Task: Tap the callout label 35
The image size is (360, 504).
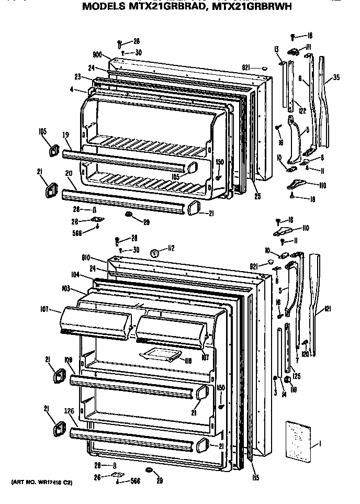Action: pos(336,78)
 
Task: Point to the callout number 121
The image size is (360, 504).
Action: pos(328,310)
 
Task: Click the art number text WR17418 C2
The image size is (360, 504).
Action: pos(40,482)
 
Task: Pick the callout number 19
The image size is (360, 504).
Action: pos(65,135)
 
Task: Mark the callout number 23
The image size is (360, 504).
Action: pos(77,76)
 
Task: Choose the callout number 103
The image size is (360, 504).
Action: pos(65,288)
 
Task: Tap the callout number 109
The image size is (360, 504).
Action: pos(68,360)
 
